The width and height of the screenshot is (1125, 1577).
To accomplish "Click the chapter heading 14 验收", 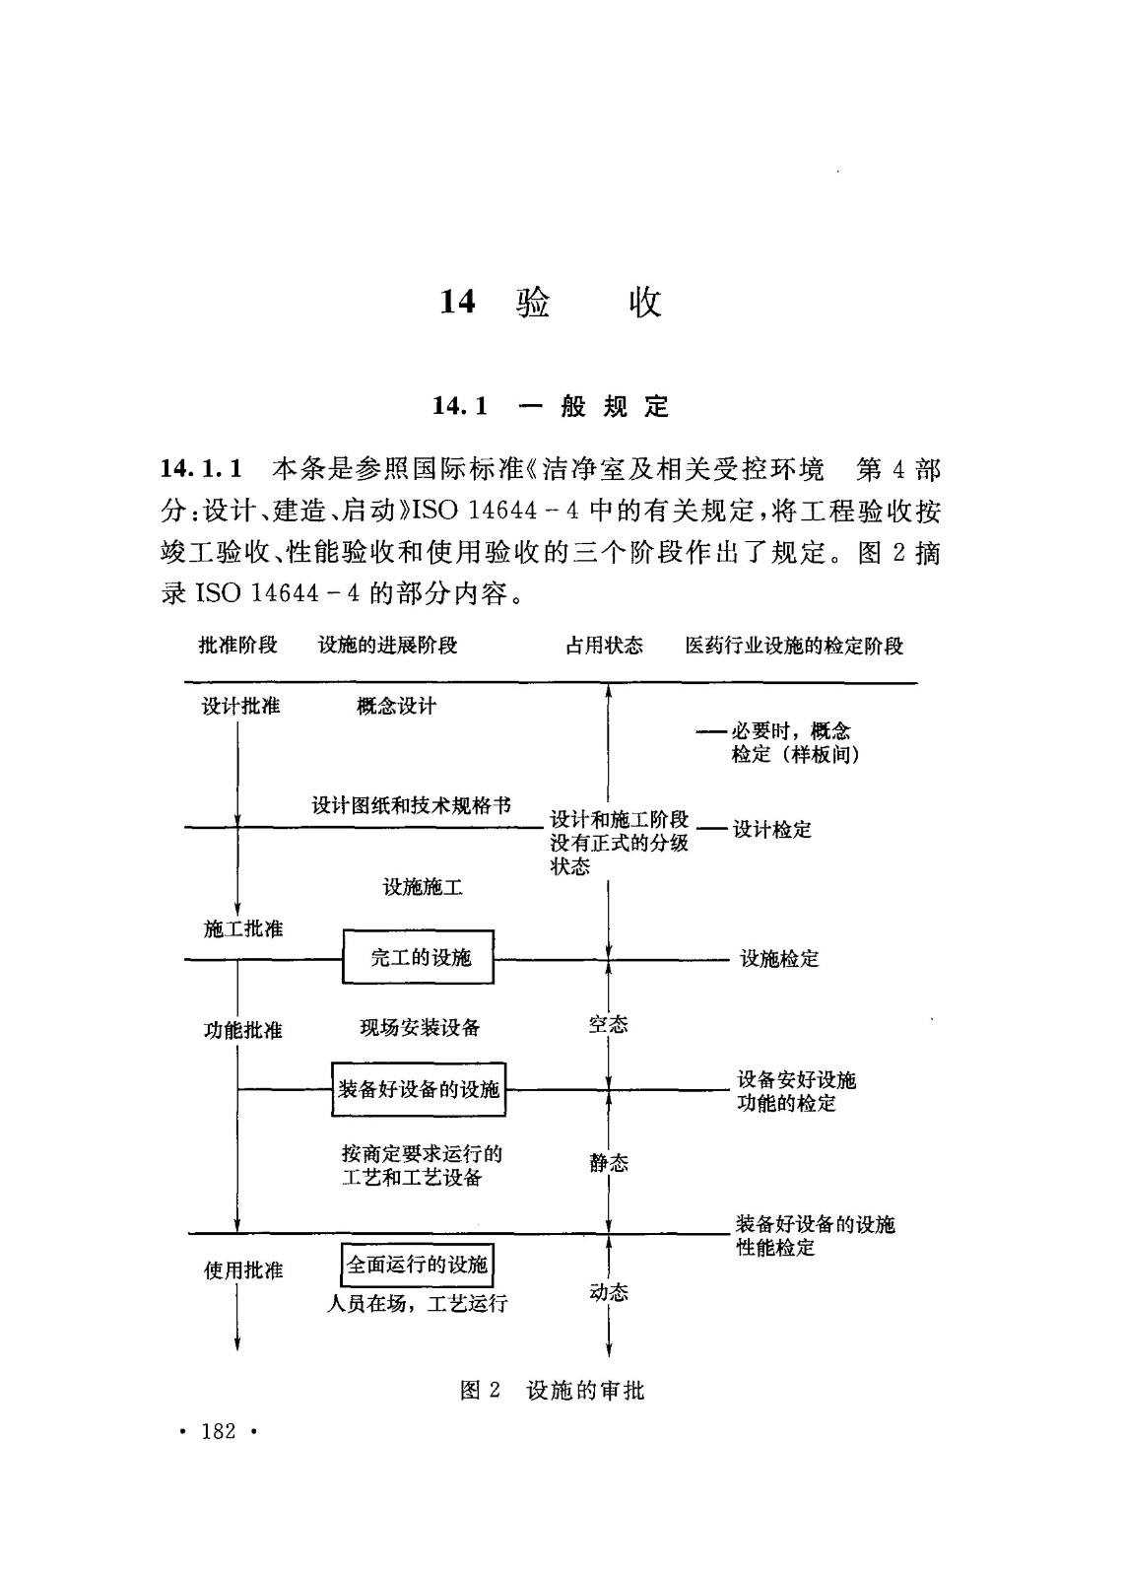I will click(551, 302).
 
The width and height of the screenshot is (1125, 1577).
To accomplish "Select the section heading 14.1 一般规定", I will click(551, 406).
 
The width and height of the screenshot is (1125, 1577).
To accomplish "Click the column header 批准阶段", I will click(238, 646).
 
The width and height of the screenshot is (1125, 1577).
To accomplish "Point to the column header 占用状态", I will click(604, 646).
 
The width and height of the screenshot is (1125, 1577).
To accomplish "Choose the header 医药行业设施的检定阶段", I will click(794, 647).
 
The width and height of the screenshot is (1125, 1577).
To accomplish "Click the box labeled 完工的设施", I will click(419, 957).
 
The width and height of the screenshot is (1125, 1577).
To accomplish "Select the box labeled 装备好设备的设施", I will click(419, 1089).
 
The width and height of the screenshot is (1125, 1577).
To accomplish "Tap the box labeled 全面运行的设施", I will click(418, 1265).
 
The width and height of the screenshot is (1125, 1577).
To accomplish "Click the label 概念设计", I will click(396, 706).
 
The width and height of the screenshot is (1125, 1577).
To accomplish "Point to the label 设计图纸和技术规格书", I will click(412, 805).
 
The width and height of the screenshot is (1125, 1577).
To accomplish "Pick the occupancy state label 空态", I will click(608, 1025).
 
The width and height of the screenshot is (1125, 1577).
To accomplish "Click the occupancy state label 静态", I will click(609, 1163).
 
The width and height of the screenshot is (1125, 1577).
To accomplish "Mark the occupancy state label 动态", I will click(609, 1292).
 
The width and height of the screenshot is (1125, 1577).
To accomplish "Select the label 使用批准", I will click(243, 1270).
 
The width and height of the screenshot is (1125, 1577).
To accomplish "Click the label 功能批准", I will click(243, 1030).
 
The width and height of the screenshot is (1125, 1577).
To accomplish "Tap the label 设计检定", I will click(772, 830).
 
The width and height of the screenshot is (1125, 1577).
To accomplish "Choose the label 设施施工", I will click(423, 887).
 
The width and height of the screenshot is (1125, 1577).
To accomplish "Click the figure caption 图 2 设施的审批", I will click(552, 1391).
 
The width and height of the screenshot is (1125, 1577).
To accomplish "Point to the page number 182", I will click(219, 1432).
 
